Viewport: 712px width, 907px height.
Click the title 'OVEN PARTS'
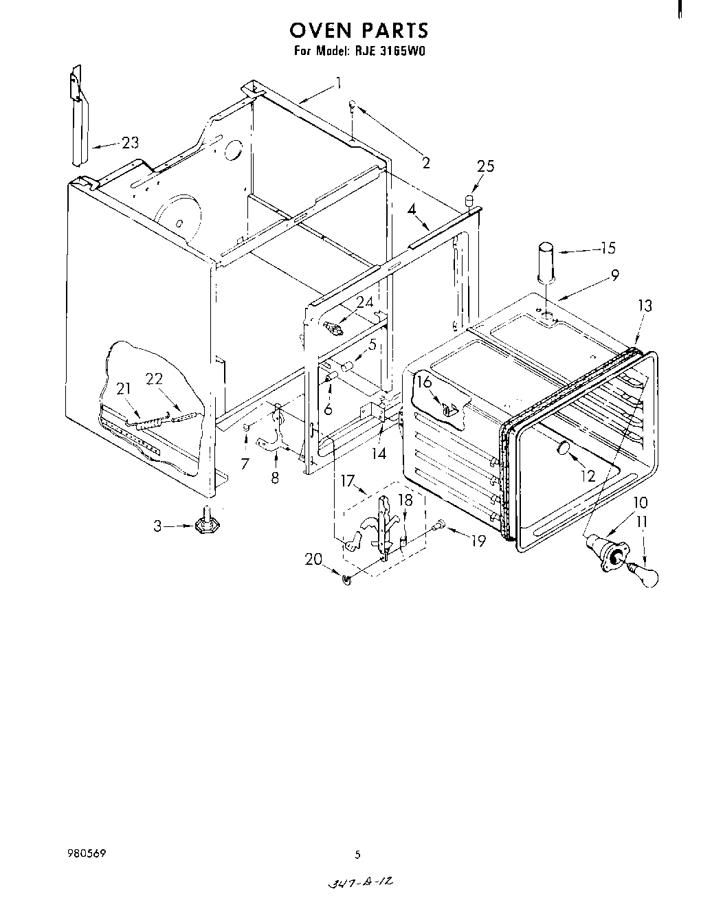tap(358, 31)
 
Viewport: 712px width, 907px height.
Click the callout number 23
tap(130, 143)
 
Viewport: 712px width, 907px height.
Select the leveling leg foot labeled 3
tap(204, 526)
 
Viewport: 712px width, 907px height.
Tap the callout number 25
tap(486, 166)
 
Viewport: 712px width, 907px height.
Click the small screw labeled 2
tap(352, 105)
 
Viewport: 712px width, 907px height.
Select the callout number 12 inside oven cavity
tap(588, 475)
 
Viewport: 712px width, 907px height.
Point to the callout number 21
tap(123, 389)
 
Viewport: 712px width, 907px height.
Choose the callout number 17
tap(348, 482)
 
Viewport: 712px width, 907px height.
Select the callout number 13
tap(645, 306)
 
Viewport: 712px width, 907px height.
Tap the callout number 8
tap(275, 478)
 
